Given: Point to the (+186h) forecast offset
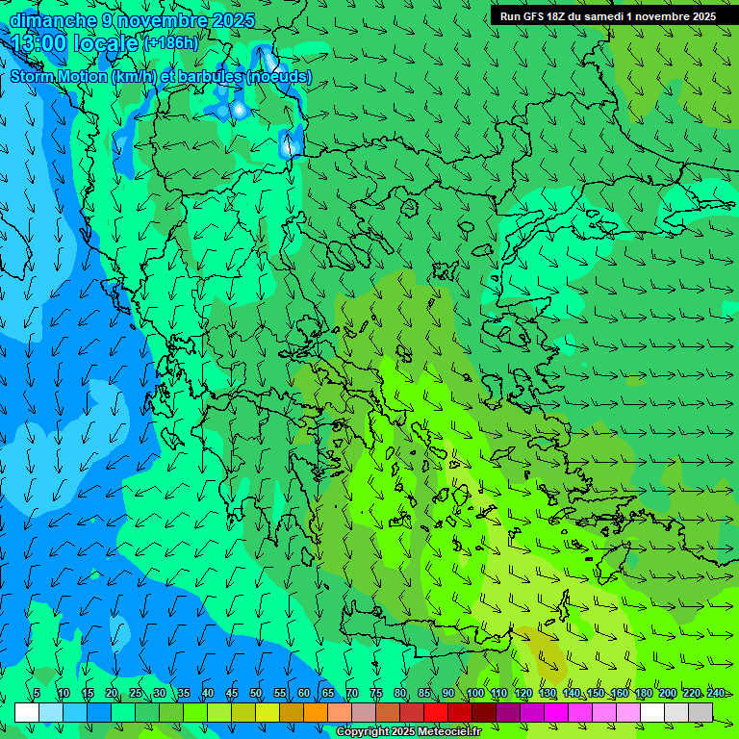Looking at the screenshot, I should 170,43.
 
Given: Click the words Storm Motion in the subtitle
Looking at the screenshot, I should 59,77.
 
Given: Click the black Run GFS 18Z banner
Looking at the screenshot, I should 607,15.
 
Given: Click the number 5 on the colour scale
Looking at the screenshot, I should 37,693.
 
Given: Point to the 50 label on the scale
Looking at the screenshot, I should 256,693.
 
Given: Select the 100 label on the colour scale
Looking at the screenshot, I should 475,693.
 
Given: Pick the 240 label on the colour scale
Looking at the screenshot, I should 716,693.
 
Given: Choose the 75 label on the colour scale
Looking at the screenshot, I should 376,693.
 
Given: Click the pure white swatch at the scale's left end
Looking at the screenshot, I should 27,712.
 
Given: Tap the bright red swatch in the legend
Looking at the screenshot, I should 436,712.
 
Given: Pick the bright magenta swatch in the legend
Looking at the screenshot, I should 556,712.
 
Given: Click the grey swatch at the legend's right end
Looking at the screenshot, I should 701,712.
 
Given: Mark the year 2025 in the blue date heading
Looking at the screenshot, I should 234,20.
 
